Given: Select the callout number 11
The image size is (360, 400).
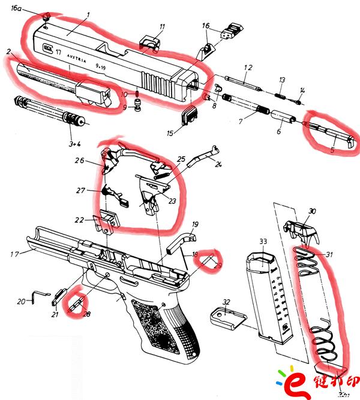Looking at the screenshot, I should click(x=162, y=26).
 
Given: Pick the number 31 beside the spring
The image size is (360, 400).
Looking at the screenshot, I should click(x=328, y=252).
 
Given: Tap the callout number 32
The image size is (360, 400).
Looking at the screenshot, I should click(x=226, y=302).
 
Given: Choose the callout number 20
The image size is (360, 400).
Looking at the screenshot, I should click(x=21, y=302).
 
